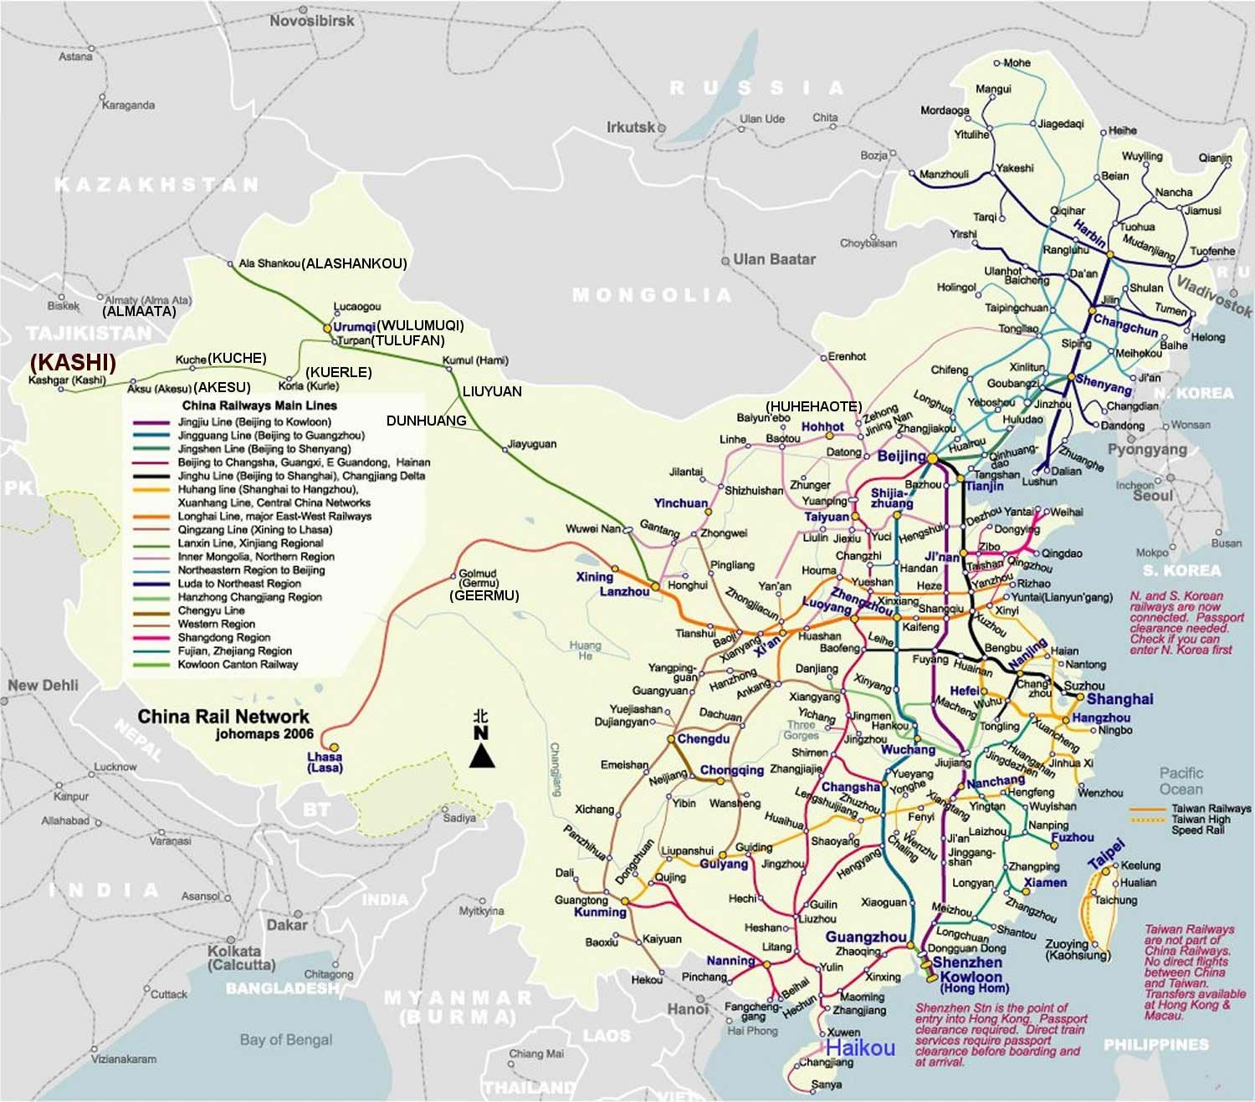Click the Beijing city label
(x=901, y=457)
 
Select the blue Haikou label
(x=860, y=1048)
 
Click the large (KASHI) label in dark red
(x=73, y=362)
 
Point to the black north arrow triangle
(x=481, y=756)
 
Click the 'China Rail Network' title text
(x=223, y=717)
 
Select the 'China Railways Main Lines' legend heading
(x=259, y=406)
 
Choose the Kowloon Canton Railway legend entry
(x=238, y=665)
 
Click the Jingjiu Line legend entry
(x=254, y=422)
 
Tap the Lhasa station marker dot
(x=334, y=747)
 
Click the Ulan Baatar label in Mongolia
(x=774, y=259)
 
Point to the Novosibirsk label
(x=311, y=20)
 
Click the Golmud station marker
(x=455, y=574)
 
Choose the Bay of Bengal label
(x=285, y=1040)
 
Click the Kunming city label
(x=600, y=912)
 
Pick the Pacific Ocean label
(x=1181, y=781)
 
